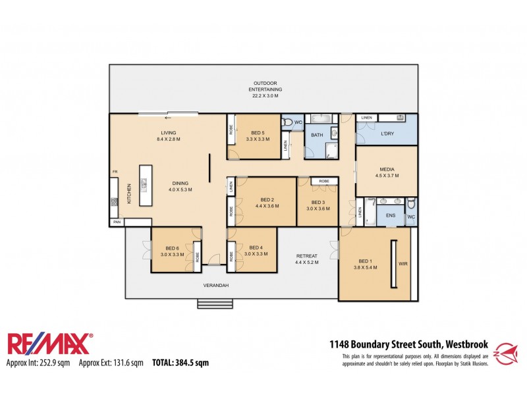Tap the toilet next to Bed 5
(x=288, y=122)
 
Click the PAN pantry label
(x=117, y=223)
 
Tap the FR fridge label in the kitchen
(x=114, y=172)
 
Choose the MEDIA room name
(x=387, y=169)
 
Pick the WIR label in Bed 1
(x=403, y=263)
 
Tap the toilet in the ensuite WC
(x=411, y=203)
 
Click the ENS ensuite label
(x=390, y=215)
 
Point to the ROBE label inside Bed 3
(x=324, y=181)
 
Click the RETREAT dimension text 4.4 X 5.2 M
(x=307, y=262)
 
